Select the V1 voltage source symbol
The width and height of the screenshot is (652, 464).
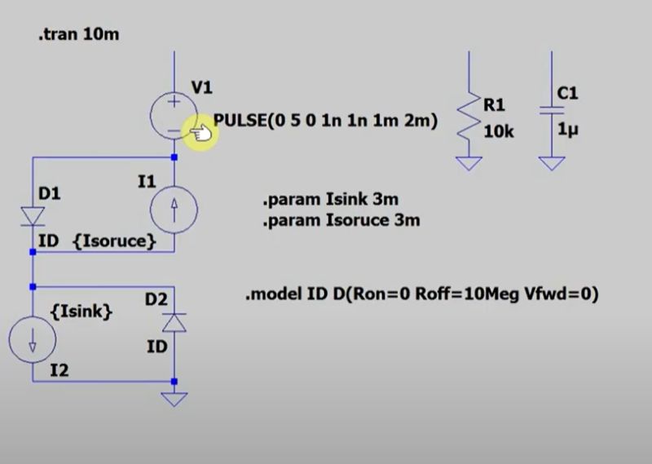coord(174,114)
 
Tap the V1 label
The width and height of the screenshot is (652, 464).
coord(201,86)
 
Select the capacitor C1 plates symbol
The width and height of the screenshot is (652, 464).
coord(552,112)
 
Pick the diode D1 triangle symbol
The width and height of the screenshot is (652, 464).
coord(33,216)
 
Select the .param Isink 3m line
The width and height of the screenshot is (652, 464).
coord(330,200)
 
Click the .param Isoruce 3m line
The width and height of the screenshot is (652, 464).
coord(341,220)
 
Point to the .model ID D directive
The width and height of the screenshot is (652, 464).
coord(422,294)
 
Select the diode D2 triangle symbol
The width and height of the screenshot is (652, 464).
coord(174,323)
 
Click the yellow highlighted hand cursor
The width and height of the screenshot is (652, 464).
coord(200,131)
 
